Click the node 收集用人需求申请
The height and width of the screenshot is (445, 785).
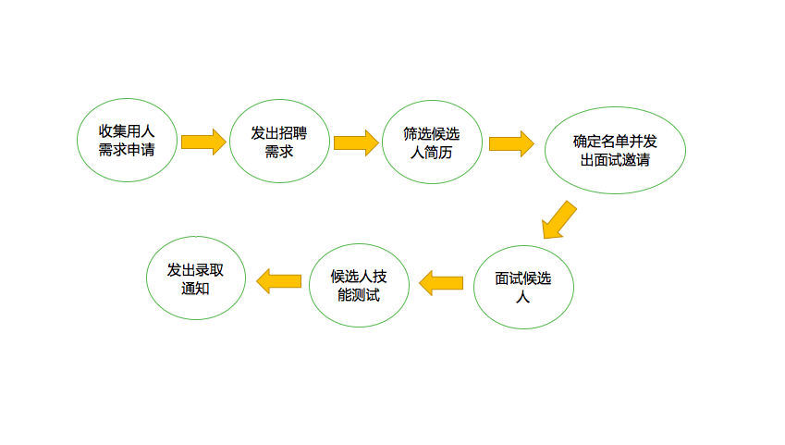tap(126, 139)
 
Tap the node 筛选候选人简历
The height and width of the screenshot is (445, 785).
tap(432, 142)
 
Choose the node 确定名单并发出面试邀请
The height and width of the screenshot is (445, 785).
tap(615, 150)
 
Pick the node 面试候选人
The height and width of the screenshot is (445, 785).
tap(523, 286)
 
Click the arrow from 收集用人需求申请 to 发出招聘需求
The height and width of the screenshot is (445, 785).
tap(202, 142)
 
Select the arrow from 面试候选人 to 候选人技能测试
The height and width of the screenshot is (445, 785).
tap(441, 282)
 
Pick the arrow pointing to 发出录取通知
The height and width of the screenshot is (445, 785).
tap(279, 280)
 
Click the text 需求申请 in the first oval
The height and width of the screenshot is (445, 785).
tap(126, 150)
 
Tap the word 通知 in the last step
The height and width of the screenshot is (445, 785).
tap(196, 289)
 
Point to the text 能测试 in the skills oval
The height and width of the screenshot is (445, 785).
tap(358, 295)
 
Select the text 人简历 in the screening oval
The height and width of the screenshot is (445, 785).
tap(432, 153)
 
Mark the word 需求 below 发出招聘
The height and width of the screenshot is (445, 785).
tap(279, 152)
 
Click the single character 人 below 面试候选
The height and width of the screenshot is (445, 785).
tap(523, 297)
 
